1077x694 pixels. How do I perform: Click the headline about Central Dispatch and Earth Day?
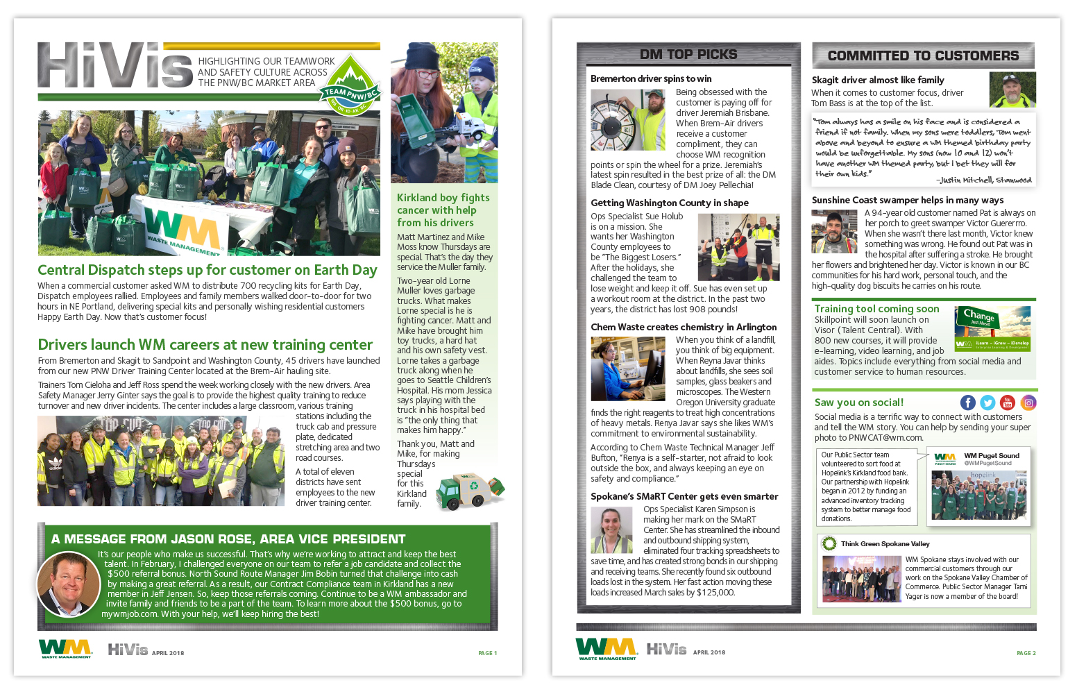[207, 270]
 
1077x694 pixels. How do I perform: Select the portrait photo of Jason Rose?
[68, 584]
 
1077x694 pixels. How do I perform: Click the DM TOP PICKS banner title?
[688, 54]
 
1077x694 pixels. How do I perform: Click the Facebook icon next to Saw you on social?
[967, 403]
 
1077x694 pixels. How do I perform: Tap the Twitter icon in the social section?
[987, 403]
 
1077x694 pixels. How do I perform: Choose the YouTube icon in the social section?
[1008, 403]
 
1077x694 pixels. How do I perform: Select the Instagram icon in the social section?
[1028, 403]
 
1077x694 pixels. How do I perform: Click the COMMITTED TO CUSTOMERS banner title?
[923, 56]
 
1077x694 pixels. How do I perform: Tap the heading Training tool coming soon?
[876, 309]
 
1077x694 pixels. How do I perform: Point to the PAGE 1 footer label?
[487, 653]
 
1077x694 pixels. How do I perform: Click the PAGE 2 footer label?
[1026, 653]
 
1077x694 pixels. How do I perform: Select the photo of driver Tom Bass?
[1012, 90]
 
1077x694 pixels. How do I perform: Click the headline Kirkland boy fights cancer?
[443, 210]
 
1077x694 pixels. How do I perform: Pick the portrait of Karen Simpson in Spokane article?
[611, 530]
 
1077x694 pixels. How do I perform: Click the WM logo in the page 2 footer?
[607, 649]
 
